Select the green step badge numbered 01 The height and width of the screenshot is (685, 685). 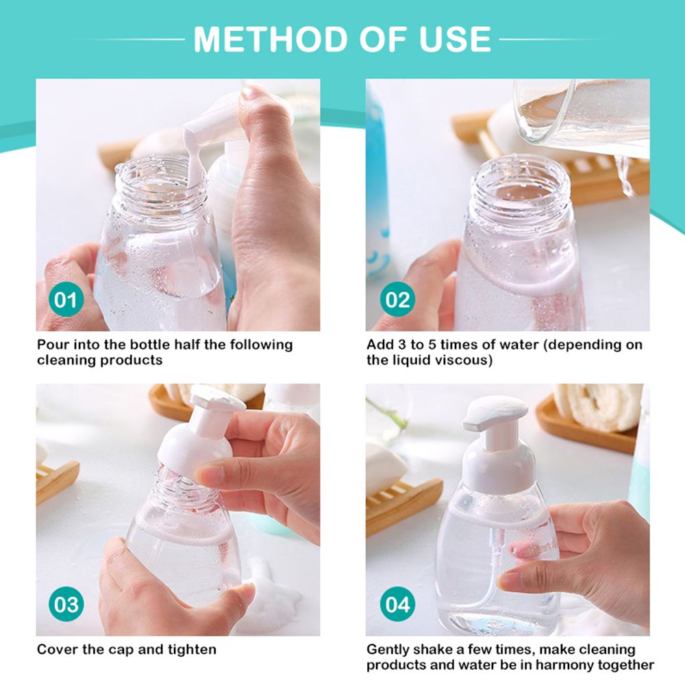click(x=66, y=300)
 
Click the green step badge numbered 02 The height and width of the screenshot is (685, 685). click(x=397, y=300)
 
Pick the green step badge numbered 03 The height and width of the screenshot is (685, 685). click(x=66, y=605)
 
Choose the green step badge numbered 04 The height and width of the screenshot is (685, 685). click(x=397, y=605)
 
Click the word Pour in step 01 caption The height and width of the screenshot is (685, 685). click(x=52, y=345)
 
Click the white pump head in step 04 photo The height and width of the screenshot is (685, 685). click(x=495, y=414)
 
